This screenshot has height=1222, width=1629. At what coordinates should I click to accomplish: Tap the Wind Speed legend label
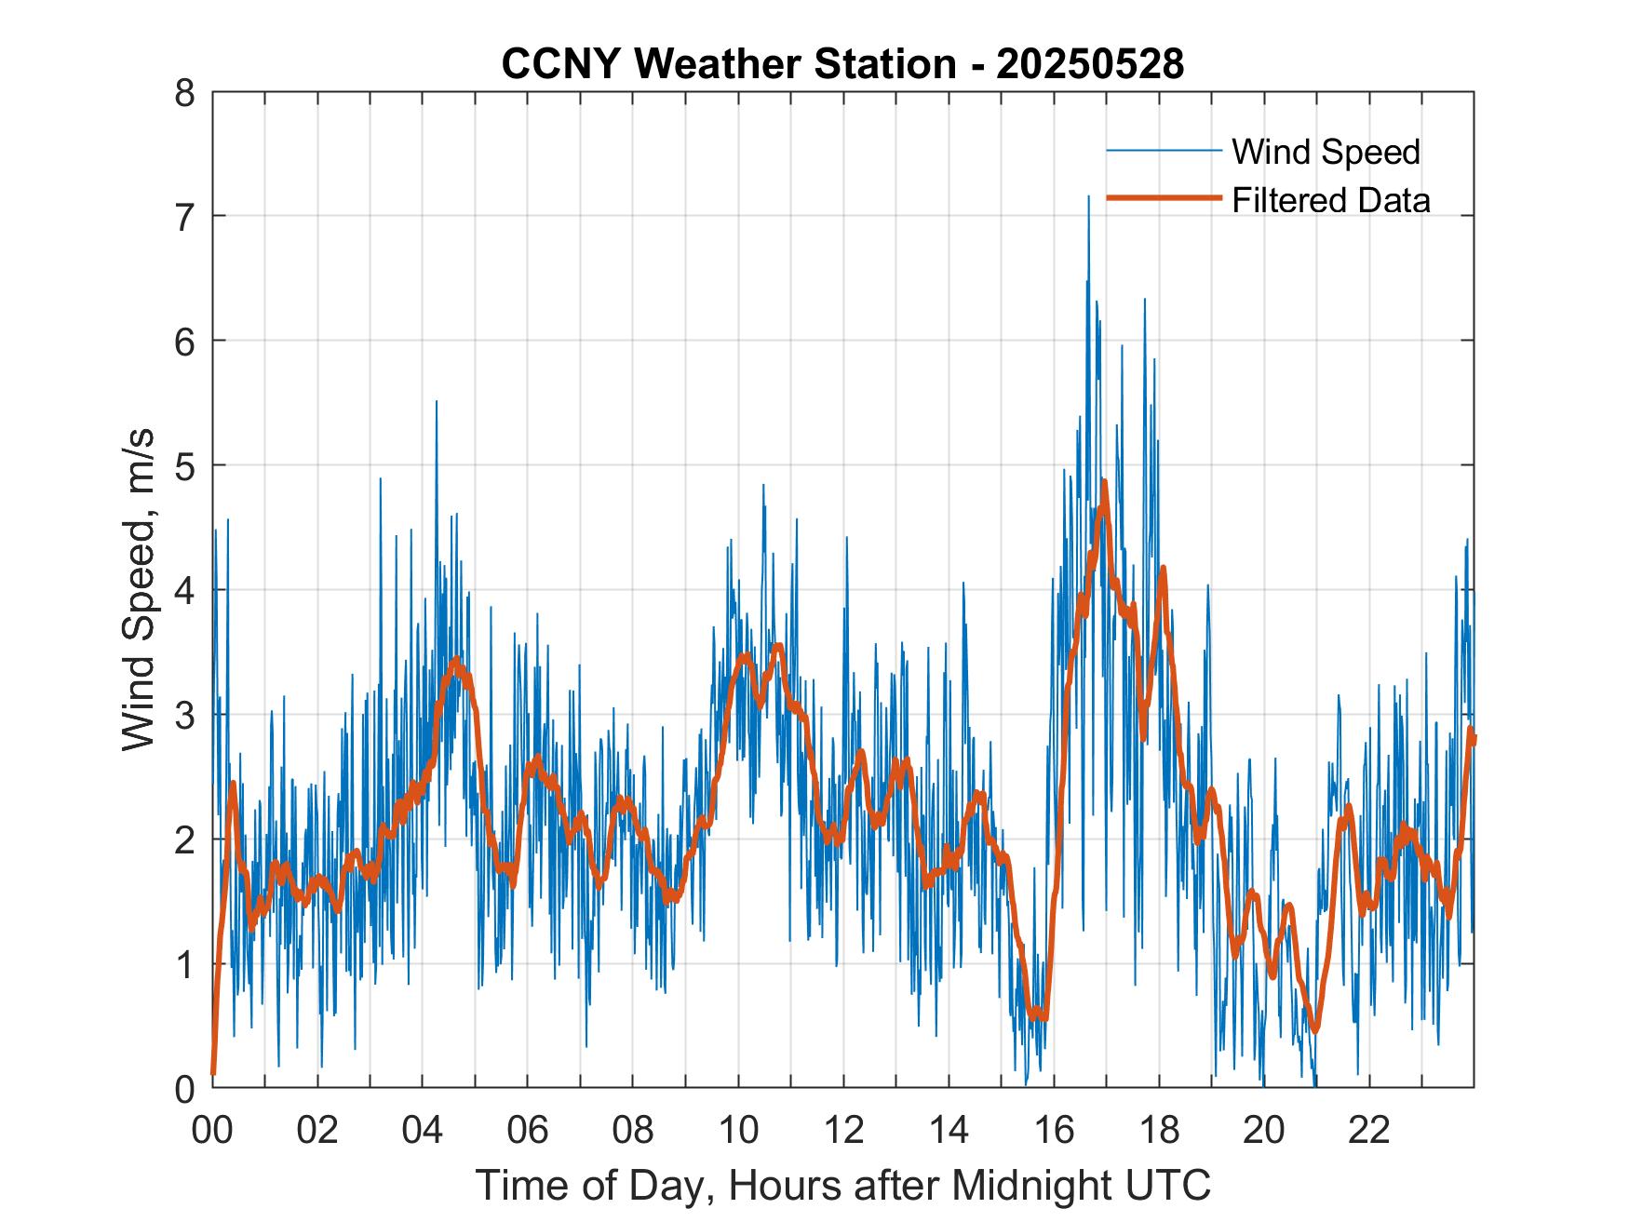(x=1326, y=152)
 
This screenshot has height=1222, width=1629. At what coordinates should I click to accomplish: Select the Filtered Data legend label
(x=1330, y=200)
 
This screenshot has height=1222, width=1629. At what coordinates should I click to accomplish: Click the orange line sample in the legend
(x=1164, y=198)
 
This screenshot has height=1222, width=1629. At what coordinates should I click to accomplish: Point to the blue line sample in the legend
(x=1164, y=150)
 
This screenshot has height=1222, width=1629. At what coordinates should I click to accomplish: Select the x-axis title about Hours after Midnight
(x=842, y=1186)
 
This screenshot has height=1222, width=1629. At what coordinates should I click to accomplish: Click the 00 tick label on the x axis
(x=212, y=1130)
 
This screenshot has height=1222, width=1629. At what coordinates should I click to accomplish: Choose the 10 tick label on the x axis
(x=738, y=1130)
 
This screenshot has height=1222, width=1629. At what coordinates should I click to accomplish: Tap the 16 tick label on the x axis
(x=1054, y=1130)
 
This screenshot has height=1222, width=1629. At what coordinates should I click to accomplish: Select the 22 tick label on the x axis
(x=1369, y=1130)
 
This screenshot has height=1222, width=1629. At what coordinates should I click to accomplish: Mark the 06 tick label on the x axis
(x=528, y=1130)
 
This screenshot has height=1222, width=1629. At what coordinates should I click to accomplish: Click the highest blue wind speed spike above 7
(x=1088, y=197)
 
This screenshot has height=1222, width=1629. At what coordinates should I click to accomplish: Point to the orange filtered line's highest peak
(x=1104, y=482)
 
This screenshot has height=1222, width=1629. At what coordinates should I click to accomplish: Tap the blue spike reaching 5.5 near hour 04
(x=437, y=402)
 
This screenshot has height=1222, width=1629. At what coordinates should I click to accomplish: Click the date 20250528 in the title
(x=1090, y=64)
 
